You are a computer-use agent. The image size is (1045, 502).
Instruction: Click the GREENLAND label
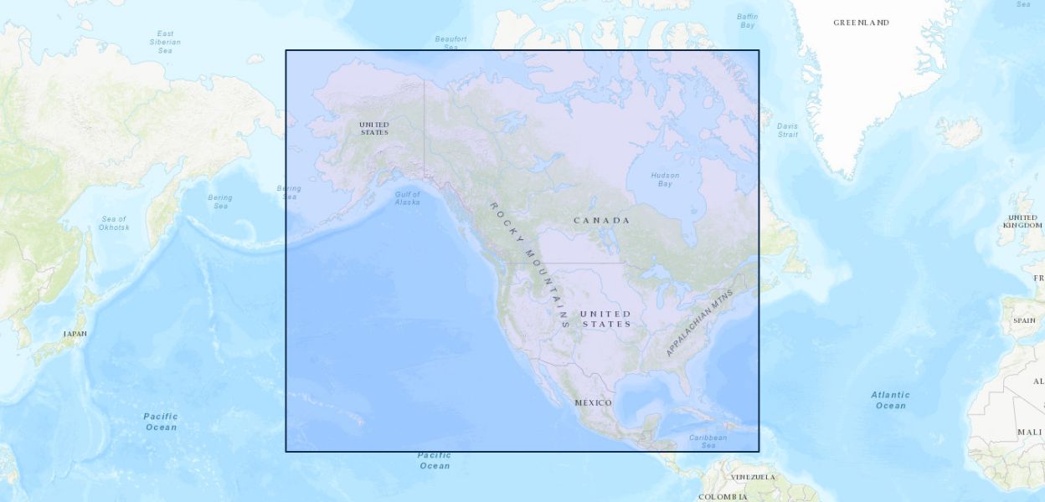pos(861,23)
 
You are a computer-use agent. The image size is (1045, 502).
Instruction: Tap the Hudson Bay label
pos(665,179)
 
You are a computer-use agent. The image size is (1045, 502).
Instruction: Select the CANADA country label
pos(601,220)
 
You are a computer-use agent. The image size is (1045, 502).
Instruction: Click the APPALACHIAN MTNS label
pos(699,323)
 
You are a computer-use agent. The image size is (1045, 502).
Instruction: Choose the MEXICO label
pos(593,402)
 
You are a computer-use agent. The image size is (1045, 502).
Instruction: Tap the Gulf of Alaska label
pos(408,198)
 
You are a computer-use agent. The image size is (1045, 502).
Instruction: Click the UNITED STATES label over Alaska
pos(374,128)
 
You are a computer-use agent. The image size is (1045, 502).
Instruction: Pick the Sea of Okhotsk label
pos(113,223)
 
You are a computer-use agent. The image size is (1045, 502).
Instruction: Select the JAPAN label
pos(75,333)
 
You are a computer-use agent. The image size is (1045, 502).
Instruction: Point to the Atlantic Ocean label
pos(890,400)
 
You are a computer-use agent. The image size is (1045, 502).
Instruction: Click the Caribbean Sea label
pos(708,441)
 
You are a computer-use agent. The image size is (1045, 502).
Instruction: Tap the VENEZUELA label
pos(753,477)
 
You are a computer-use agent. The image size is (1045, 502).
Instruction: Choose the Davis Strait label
pos(787,130)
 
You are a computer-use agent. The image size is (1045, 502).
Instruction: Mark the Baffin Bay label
pos(747,20)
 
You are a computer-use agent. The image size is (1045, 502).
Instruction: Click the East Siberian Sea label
pos(165,42)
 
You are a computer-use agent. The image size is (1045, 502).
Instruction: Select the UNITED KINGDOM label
pos(1023,221)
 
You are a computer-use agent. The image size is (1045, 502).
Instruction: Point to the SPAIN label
pos(1023,320)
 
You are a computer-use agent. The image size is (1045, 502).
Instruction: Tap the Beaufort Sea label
pos(450,43)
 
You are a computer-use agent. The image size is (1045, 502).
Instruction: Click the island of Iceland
pos(958,131)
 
